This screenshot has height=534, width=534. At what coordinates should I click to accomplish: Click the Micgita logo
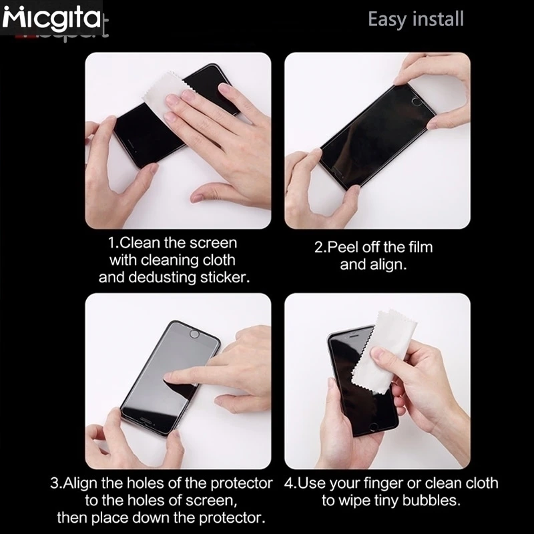51,18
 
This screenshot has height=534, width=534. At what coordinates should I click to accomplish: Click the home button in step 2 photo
416,101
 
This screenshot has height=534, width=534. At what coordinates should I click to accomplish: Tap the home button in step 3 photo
194,334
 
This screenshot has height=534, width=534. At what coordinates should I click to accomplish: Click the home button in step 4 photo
374,427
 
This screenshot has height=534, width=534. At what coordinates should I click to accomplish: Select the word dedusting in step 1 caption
162,277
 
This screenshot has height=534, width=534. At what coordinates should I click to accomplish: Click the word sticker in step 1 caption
223,277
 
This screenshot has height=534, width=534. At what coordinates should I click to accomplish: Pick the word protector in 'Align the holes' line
242,483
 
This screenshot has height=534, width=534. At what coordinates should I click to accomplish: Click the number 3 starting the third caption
54,483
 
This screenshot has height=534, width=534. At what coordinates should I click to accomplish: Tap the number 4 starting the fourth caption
288,483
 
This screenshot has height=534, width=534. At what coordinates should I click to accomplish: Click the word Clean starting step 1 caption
140,243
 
